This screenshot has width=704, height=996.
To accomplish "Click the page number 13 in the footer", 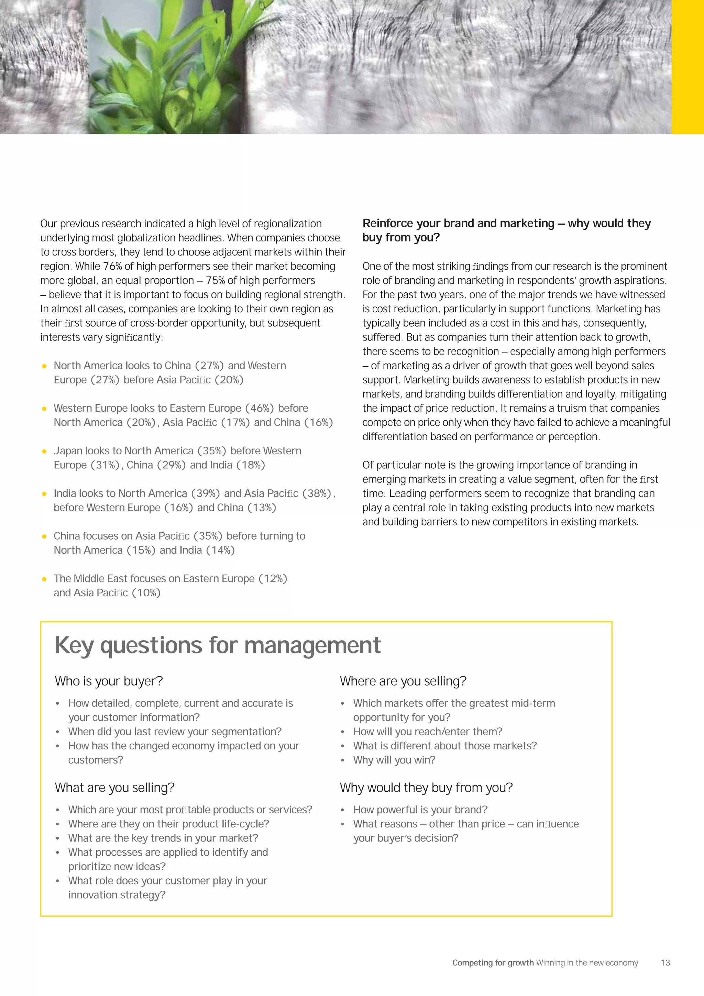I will pos(665,963).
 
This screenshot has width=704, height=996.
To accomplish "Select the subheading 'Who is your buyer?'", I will pos(109,681).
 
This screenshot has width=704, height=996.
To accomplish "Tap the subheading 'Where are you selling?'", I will pos(403,681).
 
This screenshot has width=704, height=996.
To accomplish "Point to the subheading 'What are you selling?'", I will pos(114,787).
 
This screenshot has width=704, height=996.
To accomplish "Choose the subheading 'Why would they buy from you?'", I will pos(426,787).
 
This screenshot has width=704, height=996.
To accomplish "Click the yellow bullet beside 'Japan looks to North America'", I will pos(44,451).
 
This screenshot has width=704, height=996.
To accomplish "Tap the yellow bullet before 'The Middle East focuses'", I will pos(44,579).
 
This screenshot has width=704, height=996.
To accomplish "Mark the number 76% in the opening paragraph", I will pos(113,266).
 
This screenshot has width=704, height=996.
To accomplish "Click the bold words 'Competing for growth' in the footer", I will pos(493,963).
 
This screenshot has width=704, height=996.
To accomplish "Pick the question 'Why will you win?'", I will pos(394,760).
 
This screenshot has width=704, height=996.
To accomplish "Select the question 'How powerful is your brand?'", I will pos(420,810).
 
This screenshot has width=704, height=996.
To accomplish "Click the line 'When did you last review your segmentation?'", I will pos(175,732).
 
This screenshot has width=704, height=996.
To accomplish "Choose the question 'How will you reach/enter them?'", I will pos(427,732).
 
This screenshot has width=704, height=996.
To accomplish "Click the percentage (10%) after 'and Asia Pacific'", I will pos(146,593).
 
